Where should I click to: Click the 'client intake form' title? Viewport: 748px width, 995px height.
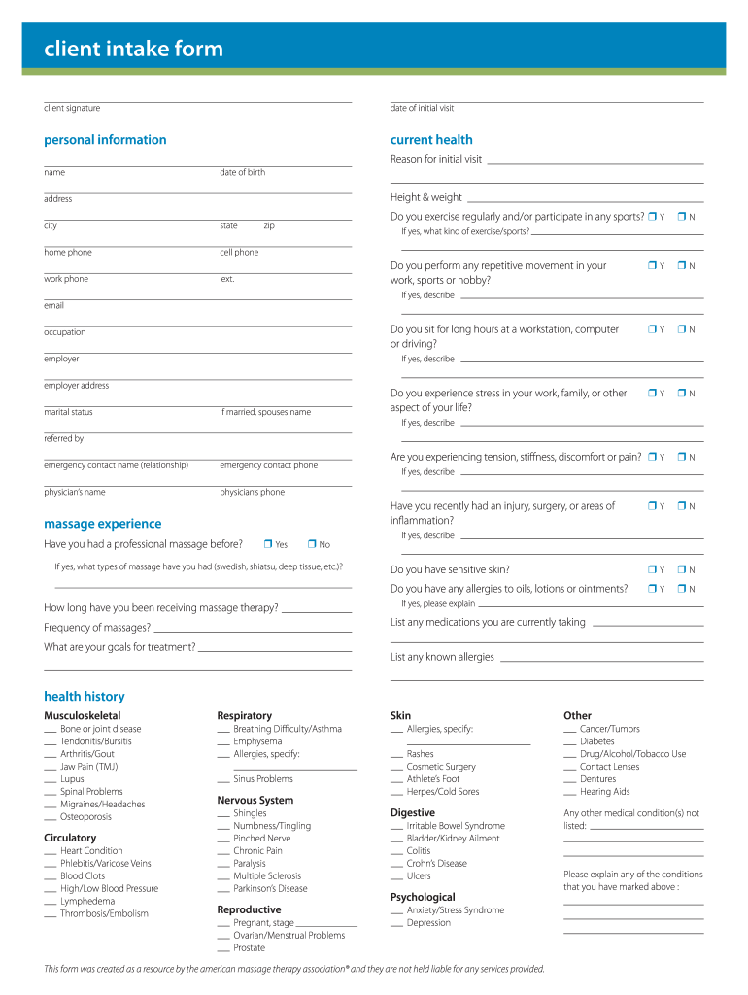pyautogui.click(x=133, y=49)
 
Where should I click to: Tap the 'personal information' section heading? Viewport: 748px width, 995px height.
pyautogui.click(x=105, y=140)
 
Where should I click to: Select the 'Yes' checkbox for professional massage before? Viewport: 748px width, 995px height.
pyautogui.click(x=267, y=544)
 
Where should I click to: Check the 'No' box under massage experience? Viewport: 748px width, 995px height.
pyautogui.click(x=312, y=544)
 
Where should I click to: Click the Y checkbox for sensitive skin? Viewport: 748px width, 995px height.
pyautogui.click(x=652, y=569)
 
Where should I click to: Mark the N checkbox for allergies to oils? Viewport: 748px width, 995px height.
pyautogui.click(x=682, y=588)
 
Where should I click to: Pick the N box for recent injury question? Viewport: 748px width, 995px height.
pyautogui.click(x=682, y=505)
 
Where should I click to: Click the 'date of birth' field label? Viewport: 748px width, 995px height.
pyautogui.click(x=242, y=172)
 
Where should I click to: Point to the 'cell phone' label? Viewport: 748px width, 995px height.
pyautogui.click(x=239, y=252)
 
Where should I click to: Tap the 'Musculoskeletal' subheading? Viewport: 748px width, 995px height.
pyautogui.click(x=83, y=715)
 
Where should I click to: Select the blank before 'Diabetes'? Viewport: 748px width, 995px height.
pyautogui.click(x=570, y=742)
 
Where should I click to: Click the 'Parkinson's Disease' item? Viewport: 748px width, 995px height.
pyautogui.click(x=270, y=888)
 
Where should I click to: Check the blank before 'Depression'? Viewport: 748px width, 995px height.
pyautogui.click(x=396, y=924)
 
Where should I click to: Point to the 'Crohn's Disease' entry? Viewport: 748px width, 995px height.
pyautogui.click(x=436, y=863)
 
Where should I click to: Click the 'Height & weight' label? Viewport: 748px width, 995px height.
pyautogui.click(x=426, y=197)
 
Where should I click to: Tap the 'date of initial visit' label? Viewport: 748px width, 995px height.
pyautogui.click(x=422, y=108)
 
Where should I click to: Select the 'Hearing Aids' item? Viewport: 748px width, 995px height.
pyautogui.click(x=604, y=792)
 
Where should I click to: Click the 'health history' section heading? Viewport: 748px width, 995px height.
pyautogui.click(x=85, y=696)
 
